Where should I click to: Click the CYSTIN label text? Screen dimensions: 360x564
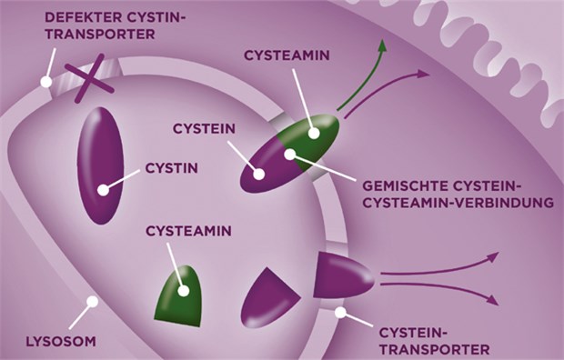172,169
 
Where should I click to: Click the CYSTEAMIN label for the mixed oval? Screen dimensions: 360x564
287,55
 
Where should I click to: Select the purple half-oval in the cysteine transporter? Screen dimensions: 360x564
342,276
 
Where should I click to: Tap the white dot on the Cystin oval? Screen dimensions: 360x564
104,189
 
